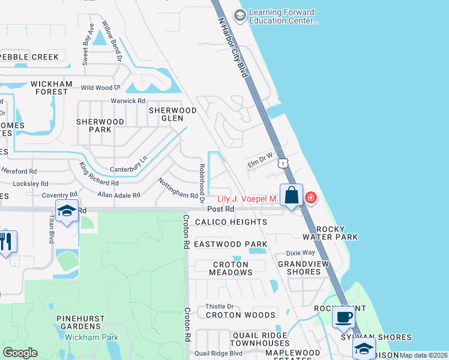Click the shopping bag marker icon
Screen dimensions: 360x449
pos(291,196)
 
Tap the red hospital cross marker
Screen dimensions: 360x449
pos(310,197)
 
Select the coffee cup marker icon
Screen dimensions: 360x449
pos(343,317)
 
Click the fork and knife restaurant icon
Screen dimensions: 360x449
pos(7,241)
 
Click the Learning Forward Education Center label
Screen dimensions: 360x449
pos(282,16)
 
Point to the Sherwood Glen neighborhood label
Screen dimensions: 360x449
pos(173,114)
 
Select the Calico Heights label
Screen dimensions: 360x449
pos(231,222)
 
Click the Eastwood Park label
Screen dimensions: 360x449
pos(230,244)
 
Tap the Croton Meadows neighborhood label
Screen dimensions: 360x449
pos(231,268)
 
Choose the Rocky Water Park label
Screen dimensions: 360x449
pos(337,233)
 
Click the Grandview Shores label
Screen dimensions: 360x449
pos(299,267)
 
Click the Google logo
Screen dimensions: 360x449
pos(20,352)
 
